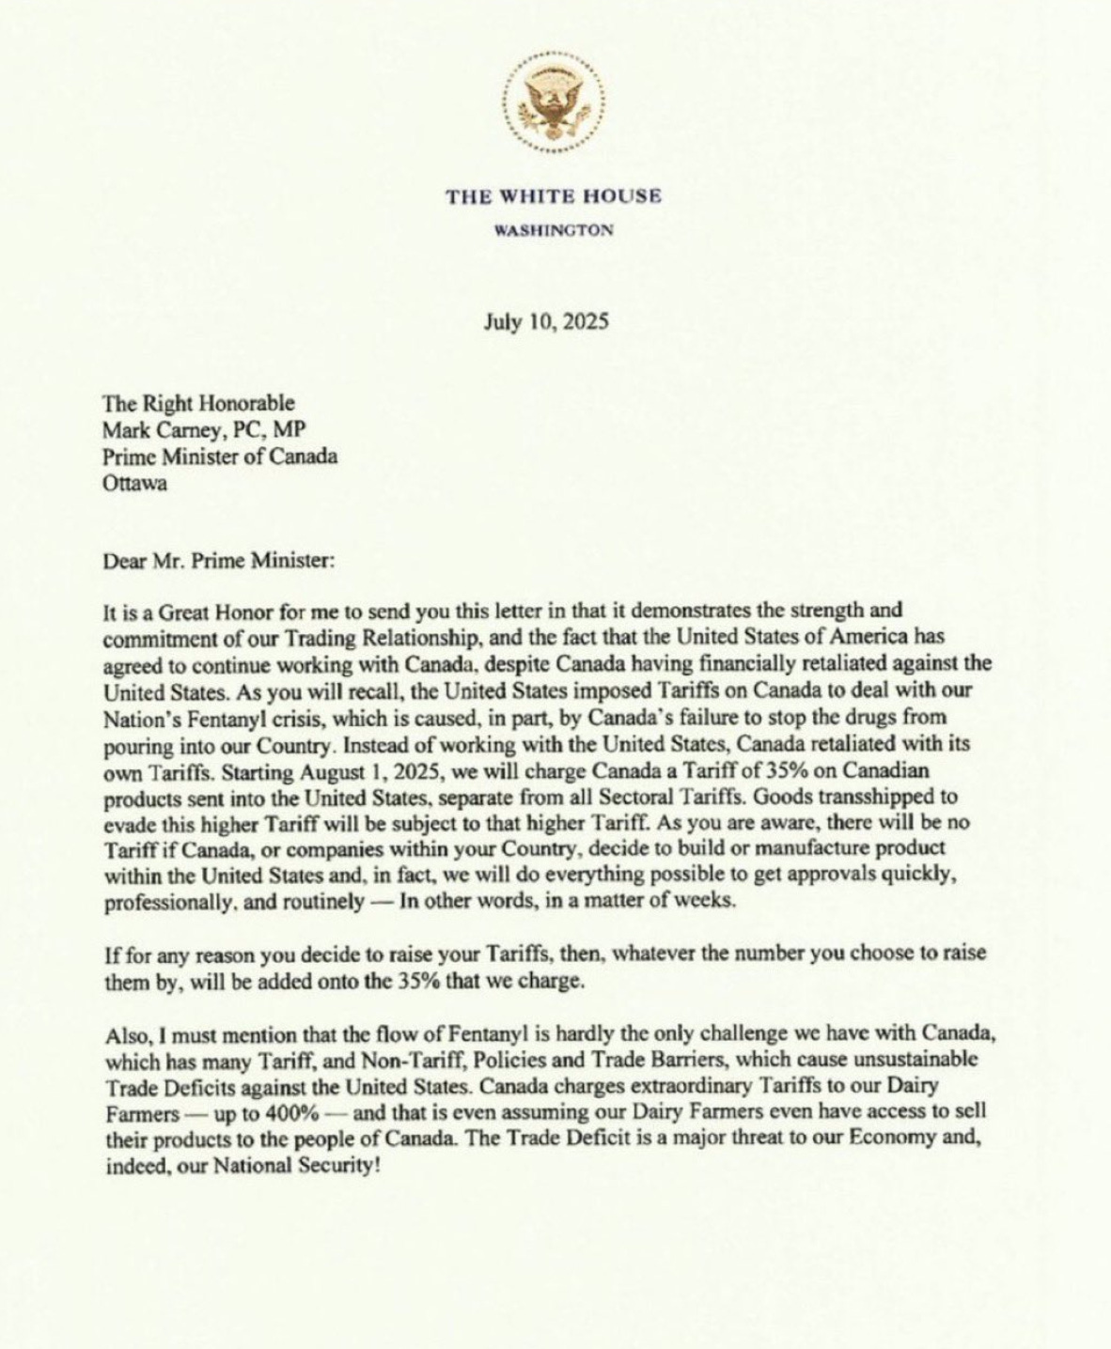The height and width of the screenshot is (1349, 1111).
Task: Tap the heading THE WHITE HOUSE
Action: (x=554, y=196)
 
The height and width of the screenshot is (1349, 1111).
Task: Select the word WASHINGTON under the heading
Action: (x=555, y=229)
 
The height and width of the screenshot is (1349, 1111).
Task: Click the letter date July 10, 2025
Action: (x=546, y=321)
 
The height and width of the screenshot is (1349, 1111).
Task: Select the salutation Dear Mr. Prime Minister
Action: (x=217, y=561)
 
